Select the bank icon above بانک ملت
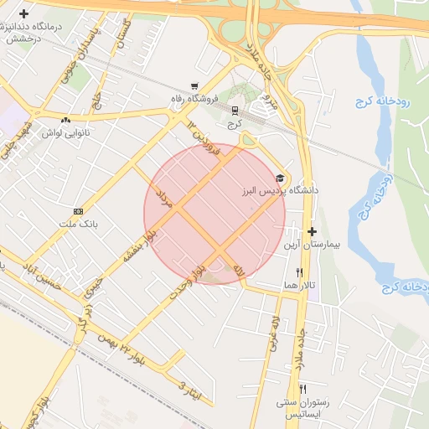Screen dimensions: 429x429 point(78,211)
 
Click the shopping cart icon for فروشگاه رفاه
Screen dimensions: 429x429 point(194,85)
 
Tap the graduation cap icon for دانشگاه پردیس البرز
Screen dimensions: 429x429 point(279,178)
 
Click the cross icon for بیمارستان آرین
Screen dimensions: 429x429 point(312,231)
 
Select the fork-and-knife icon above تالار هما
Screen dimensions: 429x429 point(299,272)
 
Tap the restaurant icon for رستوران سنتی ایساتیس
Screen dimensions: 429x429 point(302,389)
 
